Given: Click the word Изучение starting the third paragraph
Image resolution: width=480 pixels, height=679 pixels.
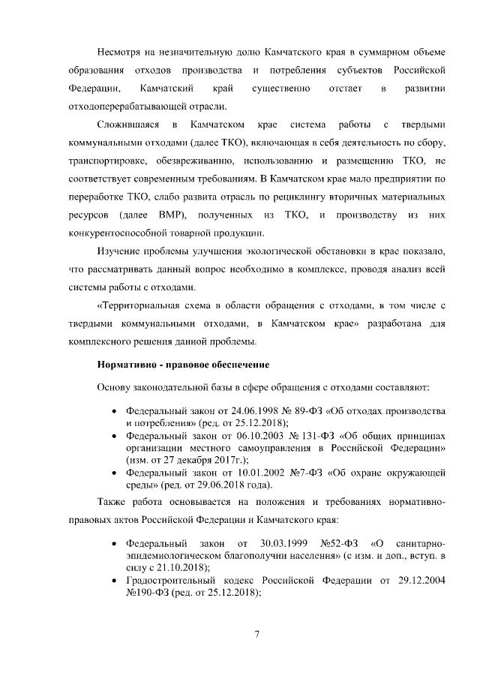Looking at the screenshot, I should pos(120,251).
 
